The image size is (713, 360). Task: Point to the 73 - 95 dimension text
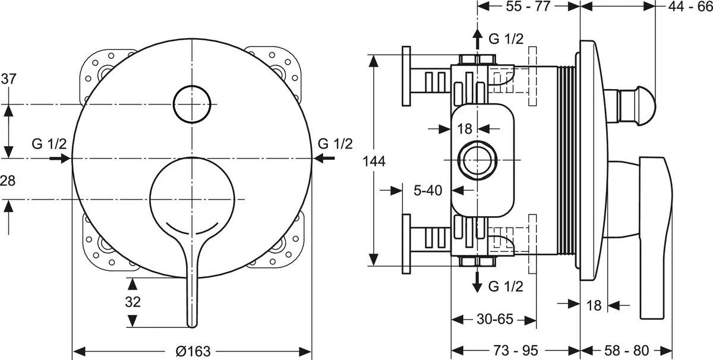tap(516, 350)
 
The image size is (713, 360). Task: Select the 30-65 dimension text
tap(494, 319)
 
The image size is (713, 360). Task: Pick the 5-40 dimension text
tap(428, 190)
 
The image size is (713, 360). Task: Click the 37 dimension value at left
tap(8, 78)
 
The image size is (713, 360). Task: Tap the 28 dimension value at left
tap(8, 181)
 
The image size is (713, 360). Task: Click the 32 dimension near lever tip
tap(133, 302)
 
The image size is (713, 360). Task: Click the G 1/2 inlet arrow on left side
tap(59, 158)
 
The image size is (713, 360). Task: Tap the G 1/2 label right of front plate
tap(335, 144)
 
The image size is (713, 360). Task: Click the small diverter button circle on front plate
tap(192, 104)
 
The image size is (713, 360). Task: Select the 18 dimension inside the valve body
tap(464, 128)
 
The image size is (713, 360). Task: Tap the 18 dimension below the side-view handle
tap(594, 306)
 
